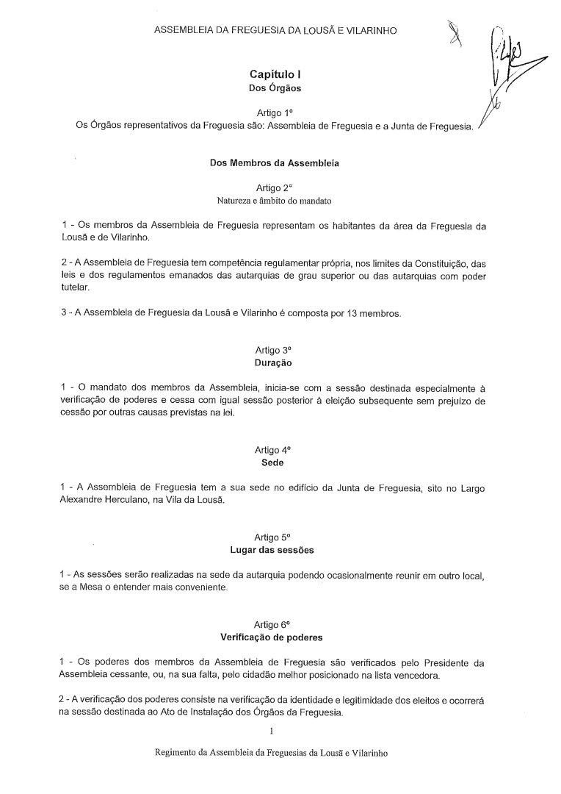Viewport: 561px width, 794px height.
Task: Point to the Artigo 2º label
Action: point(275,187)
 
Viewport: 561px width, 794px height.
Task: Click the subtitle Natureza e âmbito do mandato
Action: point(275,200)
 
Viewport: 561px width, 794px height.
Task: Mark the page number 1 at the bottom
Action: point(272,732)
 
